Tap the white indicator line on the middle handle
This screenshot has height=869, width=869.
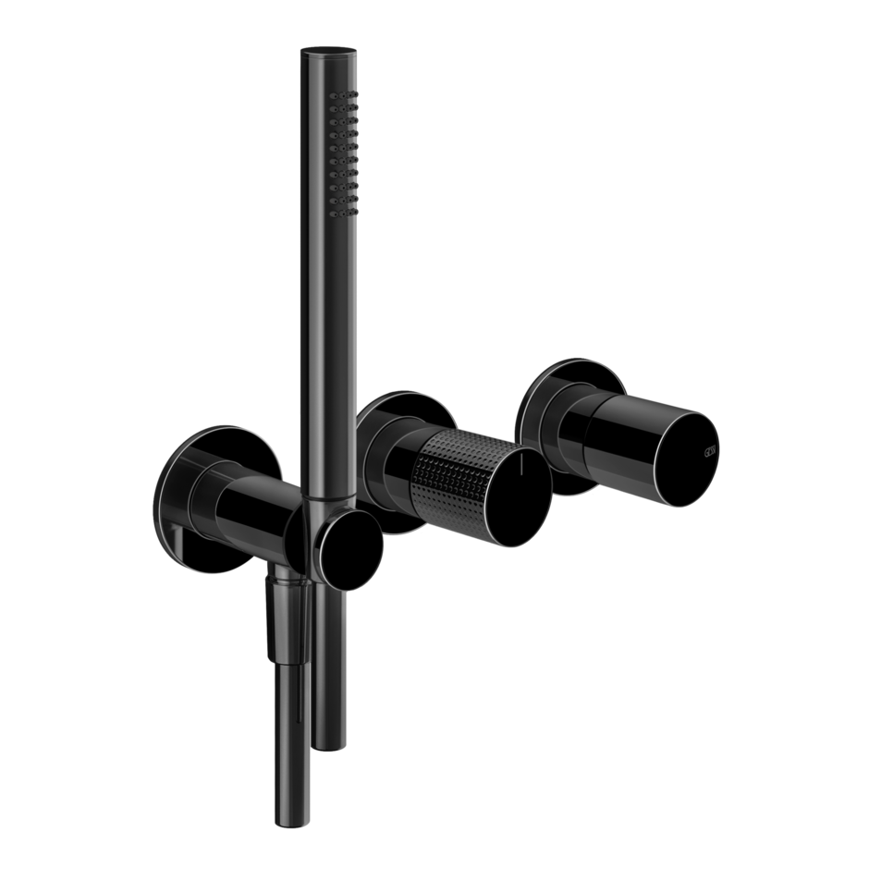pyautogui.click(x=523, y=466)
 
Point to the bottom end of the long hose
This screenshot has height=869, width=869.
pyautogui.click(x=289, y=814)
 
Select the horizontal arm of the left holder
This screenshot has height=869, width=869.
pyautogui.click(x=250, y=504)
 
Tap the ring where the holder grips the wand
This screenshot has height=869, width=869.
pyautogui.click(x=317, y=500)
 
